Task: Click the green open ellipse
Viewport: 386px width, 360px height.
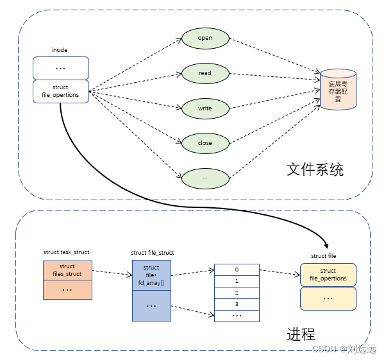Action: [x=205, y=38]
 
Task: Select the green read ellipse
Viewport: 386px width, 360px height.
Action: [x=205, y=73]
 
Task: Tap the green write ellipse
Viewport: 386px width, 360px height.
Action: [x=205, y=108]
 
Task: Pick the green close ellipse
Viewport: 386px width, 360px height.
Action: [x=205, y=143]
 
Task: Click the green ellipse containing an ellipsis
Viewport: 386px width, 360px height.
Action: [x=205, y=177]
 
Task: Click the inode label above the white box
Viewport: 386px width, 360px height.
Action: [x=60, y=50]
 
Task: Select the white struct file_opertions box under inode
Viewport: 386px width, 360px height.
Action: [x=61, y=91]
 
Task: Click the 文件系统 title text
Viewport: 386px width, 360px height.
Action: [x=315, y=170]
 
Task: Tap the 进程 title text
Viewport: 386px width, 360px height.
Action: [x=301, y=334]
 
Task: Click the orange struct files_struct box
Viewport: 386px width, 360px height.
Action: [x=67, y=270]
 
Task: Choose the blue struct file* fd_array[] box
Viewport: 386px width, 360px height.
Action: [x=151, y=275]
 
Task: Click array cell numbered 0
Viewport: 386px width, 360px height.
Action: [x=237, y=270]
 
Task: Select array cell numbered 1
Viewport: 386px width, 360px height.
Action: [x=237, y=281]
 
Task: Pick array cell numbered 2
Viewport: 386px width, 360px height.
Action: [x=237, y=293]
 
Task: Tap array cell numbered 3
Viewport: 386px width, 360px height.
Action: [x=237, y=304]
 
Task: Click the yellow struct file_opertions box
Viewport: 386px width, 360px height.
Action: [x=328, y=275]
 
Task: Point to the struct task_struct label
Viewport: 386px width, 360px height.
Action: [x=66, y=252]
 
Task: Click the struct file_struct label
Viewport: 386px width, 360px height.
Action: [x=152, y=253]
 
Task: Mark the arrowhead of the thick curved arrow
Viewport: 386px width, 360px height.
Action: [x=327, y=244]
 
